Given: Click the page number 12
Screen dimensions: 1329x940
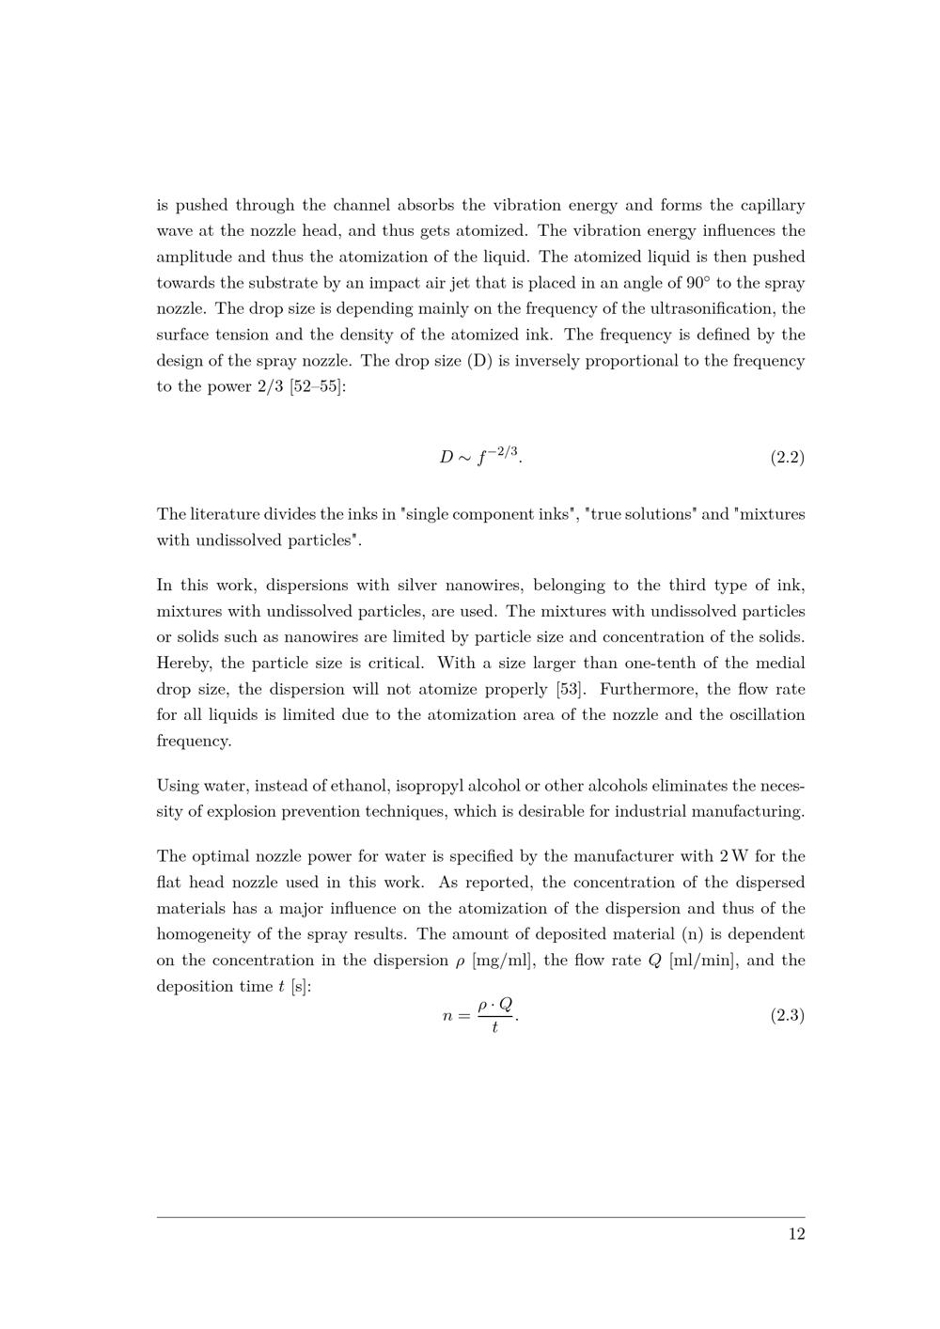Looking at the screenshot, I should click(796, 1234).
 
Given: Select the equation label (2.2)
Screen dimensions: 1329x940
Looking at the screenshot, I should click(788, 458).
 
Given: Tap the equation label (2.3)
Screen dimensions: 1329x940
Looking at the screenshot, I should click(788, 1016).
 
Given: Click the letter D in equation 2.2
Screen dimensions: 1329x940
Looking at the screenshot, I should click(446, 458).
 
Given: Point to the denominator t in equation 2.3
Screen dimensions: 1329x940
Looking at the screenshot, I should click(494, 1028).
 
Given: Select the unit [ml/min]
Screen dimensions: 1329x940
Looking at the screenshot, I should click(701, 961).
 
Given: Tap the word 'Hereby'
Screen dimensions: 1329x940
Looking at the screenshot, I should click(183, 663).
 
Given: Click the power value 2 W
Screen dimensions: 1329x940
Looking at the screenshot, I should click(729, 856).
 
